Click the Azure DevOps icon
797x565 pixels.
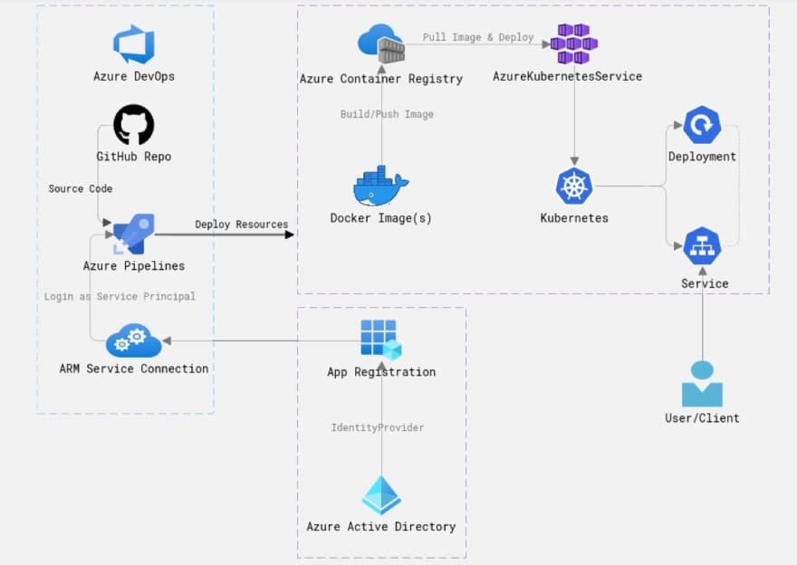tap(134, 44)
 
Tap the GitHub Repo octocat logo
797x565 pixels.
tap(134, 125)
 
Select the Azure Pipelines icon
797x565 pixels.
tap(134, 235)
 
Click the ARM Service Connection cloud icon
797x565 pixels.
tap(133, 341)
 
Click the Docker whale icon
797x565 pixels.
tap(380, 187)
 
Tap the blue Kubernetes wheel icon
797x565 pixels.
tap(573, 187)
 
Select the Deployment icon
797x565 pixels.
tap(702, 125)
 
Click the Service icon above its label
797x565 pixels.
tap(702, 245)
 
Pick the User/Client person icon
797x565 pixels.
tap(702, 384)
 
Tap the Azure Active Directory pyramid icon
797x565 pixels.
tap(380, 495)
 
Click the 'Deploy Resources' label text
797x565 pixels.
tap(241, 225)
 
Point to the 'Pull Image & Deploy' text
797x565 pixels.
tap(478, 38)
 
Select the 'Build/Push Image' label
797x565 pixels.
tap(387, 114)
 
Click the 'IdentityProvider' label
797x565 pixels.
tap(377, 427)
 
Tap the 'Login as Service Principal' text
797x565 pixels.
tap(120, 296)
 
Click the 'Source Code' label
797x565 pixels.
tap(81, 188)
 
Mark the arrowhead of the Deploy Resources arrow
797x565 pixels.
tap(290, 235)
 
